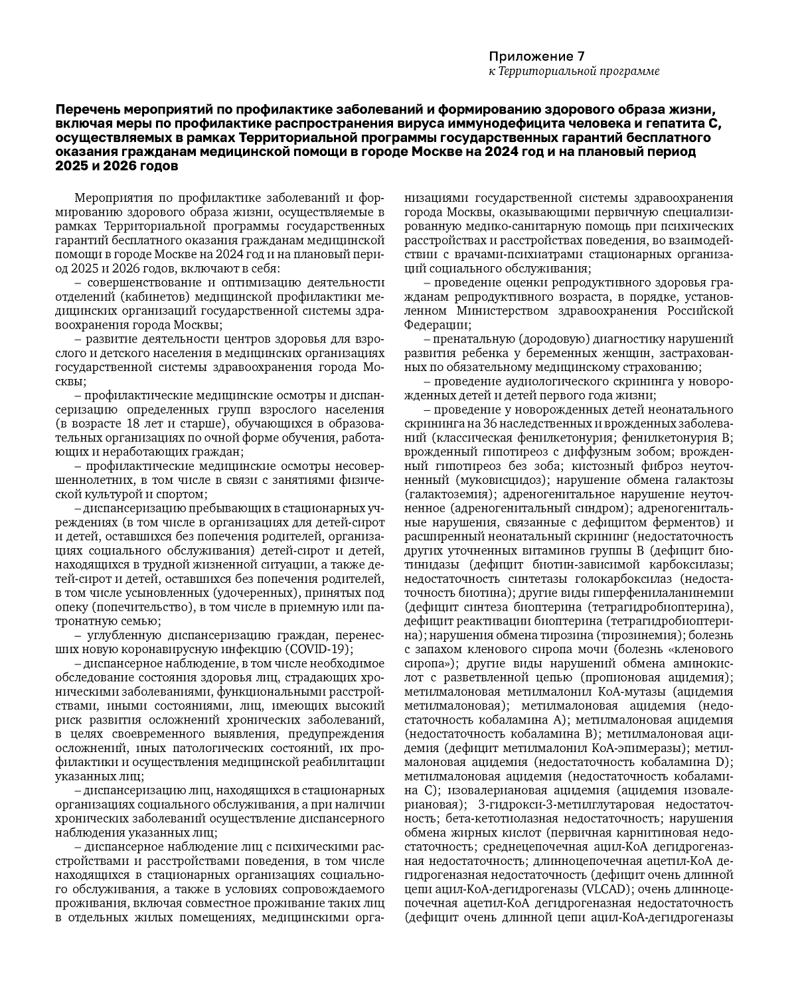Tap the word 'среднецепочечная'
click(535, 847)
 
